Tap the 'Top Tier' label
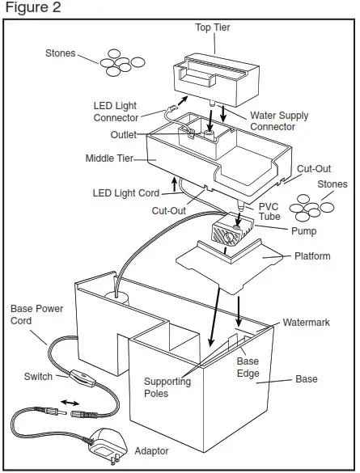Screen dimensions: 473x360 click(x=213, y=27)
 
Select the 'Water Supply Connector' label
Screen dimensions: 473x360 click(x=279, y=121)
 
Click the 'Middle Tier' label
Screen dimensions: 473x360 click(x=110, y=158)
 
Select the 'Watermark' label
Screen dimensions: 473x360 click(x=306, y=322)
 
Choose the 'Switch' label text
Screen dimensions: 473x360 click(x=38, y=377)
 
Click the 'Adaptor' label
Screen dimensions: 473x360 click(x=152, y=451)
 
